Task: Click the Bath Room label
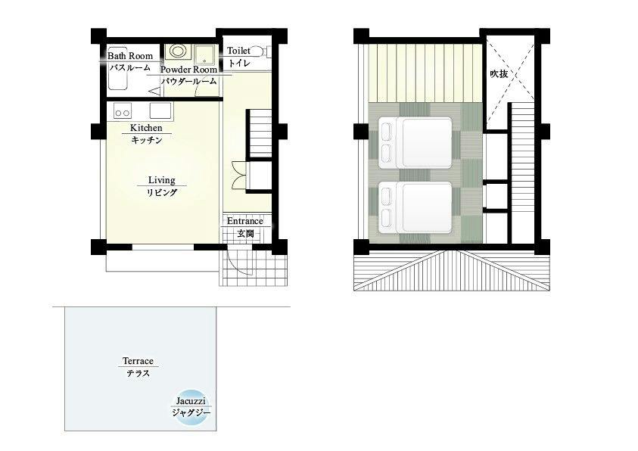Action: point(130,56)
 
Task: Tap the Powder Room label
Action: point(188,70)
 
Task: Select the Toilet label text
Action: point(238,51)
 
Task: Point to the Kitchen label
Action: point(146,128)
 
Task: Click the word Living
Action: point(161,180)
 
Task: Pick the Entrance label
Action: point(245,221)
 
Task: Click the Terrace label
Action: point(138,361)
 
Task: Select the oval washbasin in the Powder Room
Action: point(177,51)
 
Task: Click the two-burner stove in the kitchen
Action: point(123,111)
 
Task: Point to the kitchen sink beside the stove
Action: point(160,110)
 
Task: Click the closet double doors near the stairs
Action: point(239,176)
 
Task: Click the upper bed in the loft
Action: point(415,142)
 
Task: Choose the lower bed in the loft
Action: point(415,207)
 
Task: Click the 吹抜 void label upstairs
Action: point(499,74)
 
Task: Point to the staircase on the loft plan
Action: point(521,173)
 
